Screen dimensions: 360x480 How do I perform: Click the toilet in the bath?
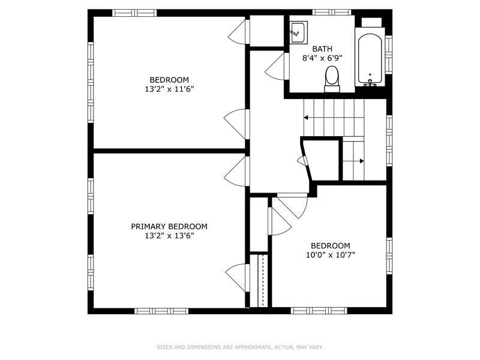[332, 79]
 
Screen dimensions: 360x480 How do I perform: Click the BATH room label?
[322, 49]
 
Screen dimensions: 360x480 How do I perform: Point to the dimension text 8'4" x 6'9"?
[322, 59]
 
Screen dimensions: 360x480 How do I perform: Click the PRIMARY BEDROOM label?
[169, 226]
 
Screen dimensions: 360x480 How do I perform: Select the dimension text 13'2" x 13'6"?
[169, 236]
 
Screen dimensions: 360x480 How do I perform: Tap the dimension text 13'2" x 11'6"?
[169, 89]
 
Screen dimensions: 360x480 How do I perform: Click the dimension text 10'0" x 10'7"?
[330, 255]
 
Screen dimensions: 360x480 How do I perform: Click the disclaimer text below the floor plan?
[239, 347]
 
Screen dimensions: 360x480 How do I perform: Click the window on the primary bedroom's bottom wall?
[152, 311]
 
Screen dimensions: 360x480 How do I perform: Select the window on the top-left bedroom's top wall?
[135, 13]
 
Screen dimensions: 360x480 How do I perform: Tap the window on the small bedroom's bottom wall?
[319, 311]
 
